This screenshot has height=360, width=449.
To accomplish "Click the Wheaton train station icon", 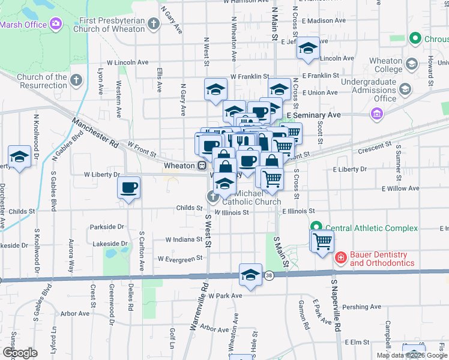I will pyautogui.click(x=203, y=166).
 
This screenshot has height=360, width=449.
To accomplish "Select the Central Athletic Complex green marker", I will pyautogui.click(x=316, y=228).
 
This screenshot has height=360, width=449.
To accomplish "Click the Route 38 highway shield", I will pyautogui.click(x=268, y=275).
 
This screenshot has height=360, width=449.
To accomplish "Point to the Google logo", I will pyautogui.click(x=20, y=353).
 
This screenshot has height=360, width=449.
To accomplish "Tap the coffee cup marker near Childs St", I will pyautogui.click(x=129, y=188).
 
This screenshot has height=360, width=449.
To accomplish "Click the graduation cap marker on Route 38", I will pyautogui.click(x=250, y=275).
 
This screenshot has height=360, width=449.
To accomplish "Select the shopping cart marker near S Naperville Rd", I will pyautogui.click(x=322, y=241).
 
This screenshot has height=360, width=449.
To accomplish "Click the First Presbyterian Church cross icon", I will pyautogui.click(x=154, y=25).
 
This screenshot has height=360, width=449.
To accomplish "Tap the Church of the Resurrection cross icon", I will pyautogui.click(x=76, y=80).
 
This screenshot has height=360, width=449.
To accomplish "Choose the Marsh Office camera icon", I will pyautogui.click(x=56, y=23).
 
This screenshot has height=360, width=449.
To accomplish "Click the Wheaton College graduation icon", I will pyautogui.click(x=412, y=63).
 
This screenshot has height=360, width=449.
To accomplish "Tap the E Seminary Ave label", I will pyautogui.click(x=313, y=115).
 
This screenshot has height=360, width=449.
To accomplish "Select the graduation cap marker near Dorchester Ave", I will pyautogui.click(x=20, y=157).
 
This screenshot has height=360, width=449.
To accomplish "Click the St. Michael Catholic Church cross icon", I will pyautogui.click(x=212, y=196).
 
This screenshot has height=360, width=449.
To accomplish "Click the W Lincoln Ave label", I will pyautogui.click(x=127, y=62).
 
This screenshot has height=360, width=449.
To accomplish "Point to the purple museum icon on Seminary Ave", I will pyautogui.click(x=376, y=113).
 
